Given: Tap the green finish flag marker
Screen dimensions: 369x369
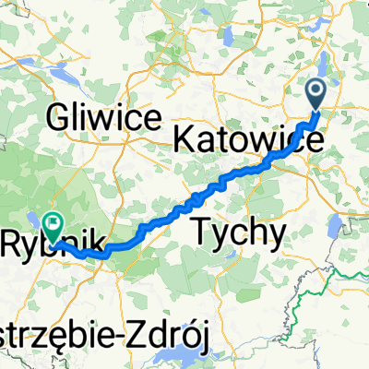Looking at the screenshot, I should pyautogui.click(x=53, y=221).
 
